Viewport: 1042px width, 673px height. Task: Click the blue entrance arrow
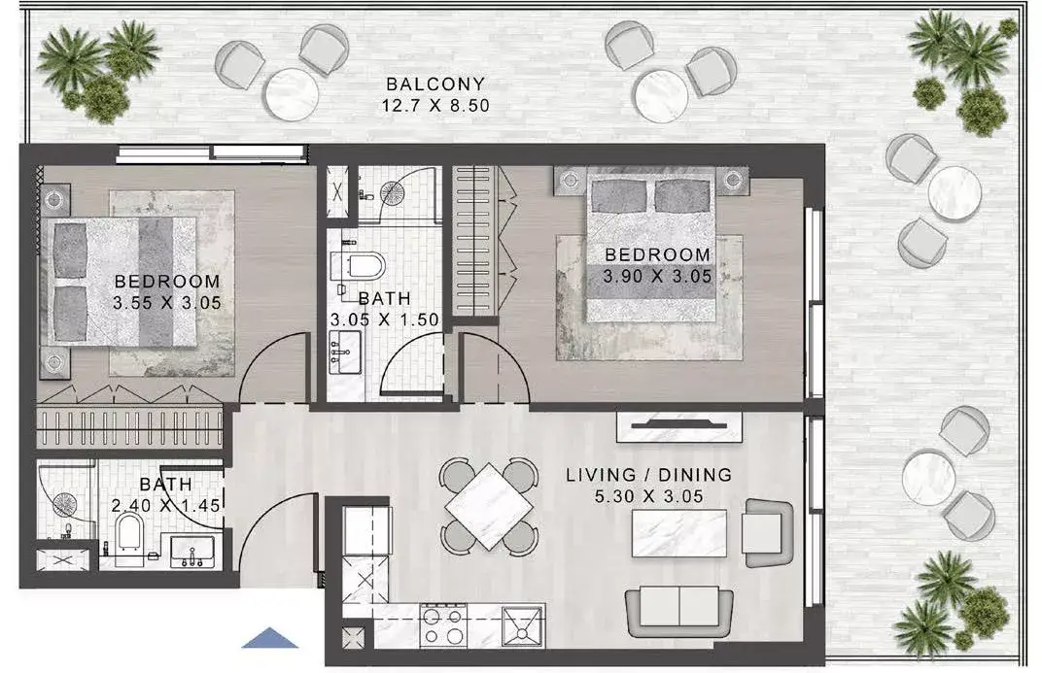[270, 638]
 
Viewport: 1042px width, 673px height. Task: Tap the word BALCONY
[435, 84]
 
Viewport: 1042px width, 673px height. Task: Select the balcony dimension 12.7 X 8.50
[435, 106]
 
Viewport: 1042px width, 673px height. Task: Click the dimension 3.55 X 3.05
[167, 303]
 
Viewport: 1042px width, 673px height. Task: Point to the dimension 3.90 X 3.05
[657, 276]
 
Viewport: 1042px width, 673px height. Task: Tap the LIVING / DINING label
[648, 475]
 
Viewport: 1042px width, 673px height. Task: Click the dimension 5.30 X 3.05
[648, 496]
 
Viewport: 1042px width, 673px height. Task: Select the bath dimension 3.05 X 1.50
[385, 320]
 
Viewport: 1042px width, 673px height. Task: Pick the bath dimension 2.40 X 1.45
[165, 506]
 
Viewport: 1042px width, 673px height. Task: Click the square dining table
[488, 507]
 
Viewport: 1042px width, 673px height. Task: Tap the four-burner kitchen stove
[443, 625]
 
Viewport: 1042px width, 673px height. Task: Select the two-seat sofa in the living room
[679, 611]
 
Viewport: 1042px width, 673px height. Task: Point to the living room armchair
[768, 533]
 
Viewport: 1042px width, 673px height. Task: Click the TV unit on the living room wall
[679, 426]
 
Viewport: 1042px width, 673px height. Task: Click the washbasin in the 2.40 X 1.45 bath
[192, 552]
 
